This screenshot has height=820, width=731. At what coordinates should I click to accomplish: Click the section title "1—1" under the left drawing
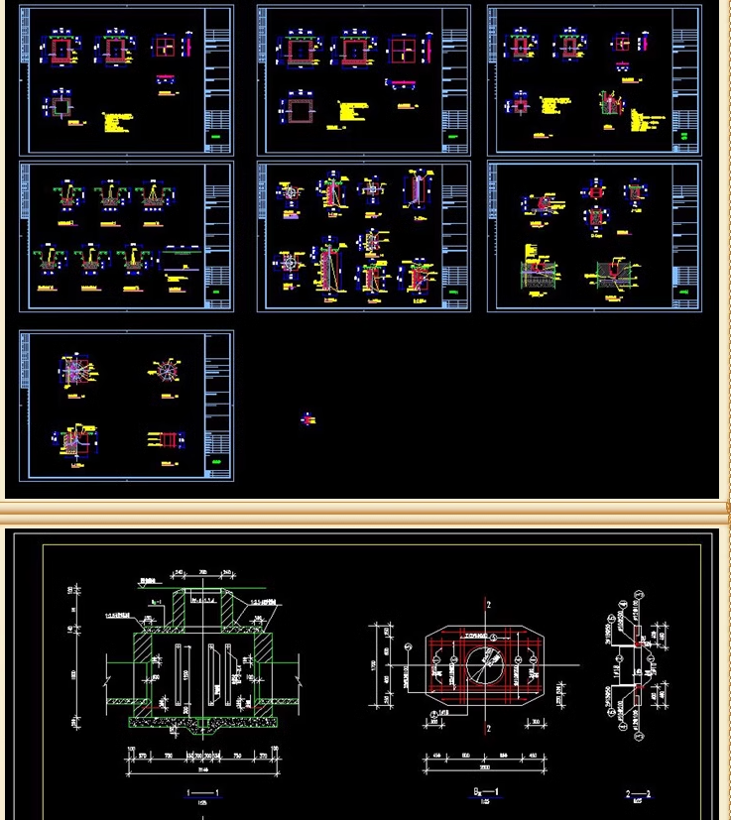[x=202, y=792]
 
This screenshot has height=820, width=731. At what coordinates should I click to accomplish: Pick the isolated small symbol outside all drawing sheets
[x=307, y=419]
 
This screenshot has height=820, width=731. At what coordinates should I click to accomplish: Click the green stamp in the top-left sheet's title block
[x=216, y=136]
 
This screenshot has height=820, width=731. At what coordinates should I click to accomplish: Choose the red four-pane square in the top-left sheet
[x=165, y=48]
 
